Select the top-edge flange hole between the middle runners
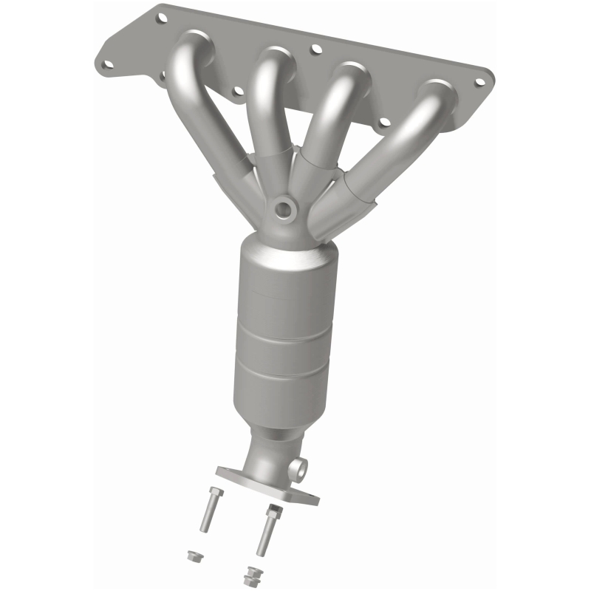(316, 49)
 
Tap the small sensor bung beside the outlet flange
(298, 467)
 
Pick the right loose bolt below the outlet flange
(268, 529)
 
